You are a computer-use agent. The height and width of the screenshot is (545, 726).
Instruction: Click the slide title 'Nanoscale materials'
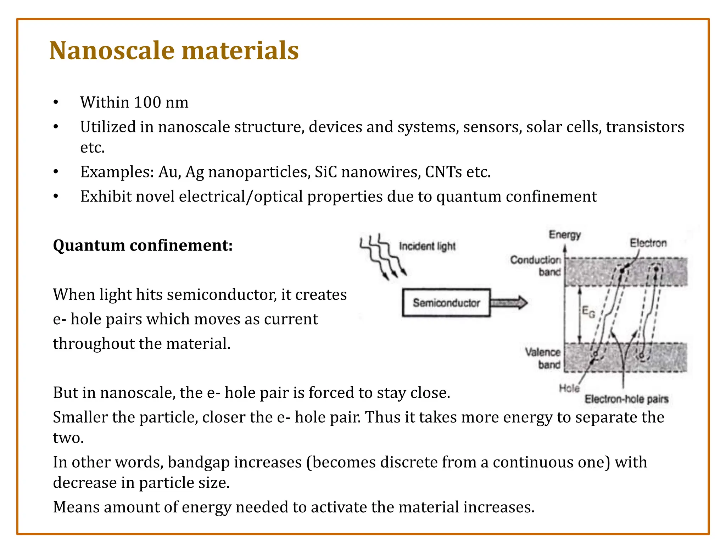click(x=174, y=50)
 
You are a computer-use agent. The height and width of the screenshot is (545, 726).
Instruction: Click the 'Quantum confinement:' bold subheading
click(x=143, y=245)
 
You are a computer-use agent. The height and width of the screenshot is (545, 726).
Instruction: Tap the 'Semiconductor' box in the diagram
click(x=446, y=303)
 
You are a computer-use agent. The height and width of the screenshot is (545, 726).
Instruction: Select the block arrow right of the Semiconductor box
click(x=509, y=303)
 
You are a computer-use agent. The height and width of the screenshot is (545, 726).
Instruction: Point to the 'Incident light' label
click(x=427, y=246)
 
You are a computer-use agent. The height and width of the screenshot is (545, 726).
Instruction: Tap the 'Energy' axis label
click(x=565, y=235)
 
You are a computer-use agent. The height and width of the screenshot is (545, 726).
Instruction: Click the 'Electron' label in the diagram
click(x=648, y=243)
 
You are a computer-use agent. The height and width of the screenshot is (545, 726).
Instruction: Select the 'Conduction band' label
click(x=536, y=266)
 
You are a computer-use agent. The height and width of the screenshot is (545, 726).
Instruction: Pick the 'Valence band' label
click(x=543, y=358)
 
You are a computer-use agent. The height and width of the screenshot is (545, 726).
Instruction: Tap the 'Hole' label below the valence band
click(x=569, y=389)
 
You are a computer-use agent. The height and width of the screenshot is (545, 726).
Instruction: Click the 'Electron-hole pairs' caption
click(x=626, y=399)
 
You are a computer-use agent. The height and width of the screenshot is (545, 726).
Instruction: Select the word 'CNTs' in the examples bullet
click(x=443, y=172)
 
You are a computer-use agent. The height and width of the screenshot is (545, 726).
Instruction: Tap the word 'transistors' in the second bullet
click(x=645, y=127)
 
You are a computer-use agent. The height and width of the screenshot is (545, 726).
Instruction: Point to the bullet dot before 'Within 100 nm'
click(x=56, y=103)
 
